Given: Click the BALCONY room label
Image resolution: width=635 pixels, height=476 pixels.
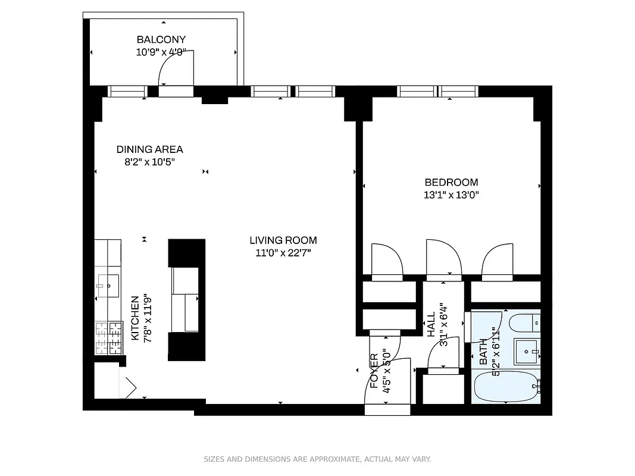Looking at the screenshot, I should pos(157,40).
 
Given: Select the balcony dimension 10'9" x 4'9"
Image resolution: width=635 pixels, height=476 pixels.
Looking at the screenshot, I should pos(157,52).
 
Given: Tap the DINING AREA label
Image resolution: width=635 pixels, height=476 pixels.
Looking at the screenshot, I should pos(149,149).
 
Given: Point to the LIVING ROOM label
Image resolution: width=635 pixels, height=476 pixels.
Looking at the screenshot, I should pos(283,240).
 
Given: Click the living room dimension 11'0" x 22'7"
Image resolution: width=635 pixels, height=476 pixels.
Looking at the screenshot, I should pos(283,252).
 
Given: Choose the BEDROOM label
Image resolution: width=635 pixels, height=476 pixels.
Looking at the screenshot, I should pos(451,182).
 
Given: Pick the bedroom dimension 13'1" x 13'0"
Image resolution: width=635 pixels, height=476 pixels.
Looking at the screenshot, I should pos(451,195).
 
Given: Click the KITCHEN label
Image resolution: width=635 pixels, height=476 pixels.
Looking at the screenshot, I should pos(135,318).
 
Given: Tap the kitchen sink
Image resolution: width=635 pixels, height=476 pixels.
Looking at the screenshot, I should pos(109,285).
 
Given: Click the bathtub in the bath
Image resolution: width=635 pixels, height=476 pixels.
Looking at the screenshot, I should pos(506,387).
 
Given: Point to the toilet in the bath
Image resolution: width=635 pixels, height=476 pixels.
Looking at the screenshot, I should pos(524,323).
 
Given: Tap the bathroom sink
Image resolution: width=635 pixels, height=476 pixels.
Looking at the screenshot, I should pos(526,351).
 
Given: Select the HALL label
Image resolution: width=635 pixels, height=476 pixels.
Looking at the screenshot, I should pos(431,326).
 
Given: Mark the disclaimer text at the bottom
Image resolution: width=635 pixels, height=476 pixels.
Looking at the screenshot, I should pos(317,459).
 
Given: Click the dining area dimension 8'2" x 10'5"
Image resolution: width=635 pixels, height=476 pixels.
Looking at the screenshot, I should pos(149,161).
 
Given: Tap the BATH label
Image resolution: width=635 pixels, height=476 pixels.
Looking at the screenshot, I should pos(483,352).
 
